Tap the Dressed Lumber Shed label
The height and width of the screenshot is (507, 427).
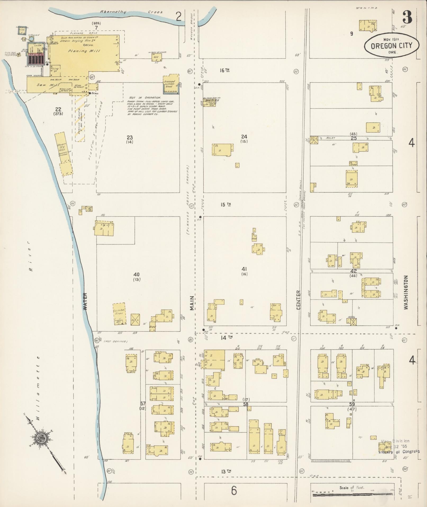169,84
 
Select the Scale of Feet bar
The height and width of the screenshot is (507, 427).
352,494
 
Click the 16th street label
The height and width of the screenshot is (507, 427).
224,70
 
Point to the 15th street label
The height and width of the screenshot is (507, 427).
226,204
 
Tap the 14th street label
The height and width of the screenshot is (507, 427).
227,337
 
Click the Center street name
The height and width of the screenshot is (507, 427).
298,300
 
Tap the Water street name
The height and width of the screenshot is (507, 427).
85,301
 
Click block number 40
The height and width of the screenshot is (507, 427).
137,274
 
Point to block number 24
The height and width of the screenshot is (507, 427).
244,137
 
